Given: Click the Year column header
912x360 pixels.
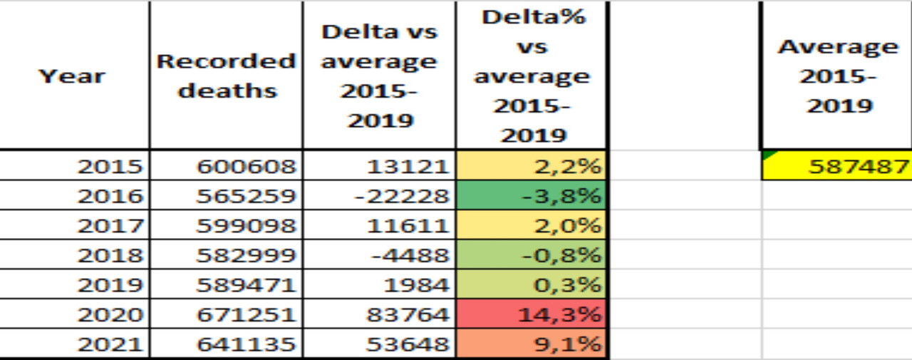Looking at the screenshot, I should tap(71, 76).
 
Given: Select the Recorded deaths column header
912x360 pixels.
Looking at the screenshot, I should tap(226, 76).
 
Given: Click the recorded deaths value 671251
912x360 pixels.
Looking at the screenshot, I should tap(246, 314).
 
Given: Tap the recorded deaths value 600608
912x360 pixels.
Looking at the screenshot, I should tap(246, 167).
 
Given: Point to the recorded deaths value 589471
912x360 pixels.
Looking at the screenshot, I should tap(246, 285).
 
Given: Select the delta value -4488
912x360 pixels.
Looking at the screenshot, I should tap(408, 255).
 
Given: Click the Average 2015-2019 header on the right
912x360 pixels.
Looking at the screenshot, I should tap(837, 76).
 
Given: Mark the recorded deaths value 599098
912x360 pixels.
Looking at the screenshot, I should tap(246, 226).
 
